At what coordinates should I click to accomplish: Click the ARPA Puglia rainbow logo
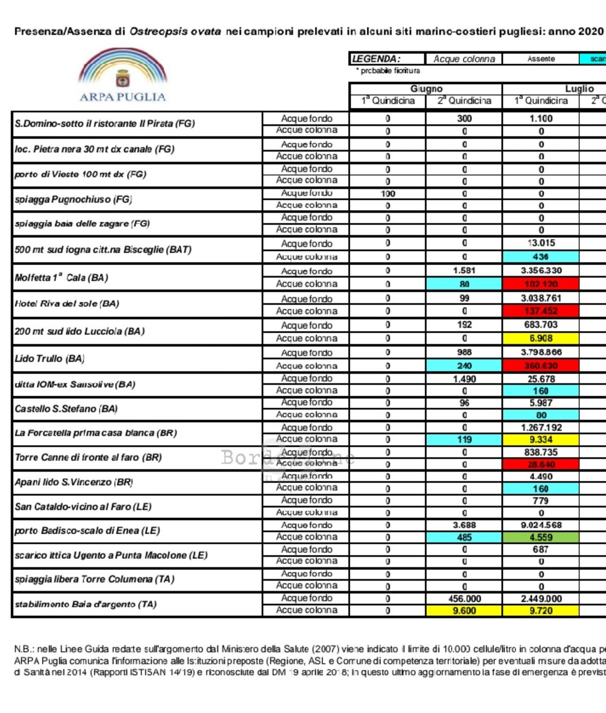click(x=123, y=75)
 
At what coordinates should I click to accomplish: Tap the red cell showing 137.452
click(x=541, y=311)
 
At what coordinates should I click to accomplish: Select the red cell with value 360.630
click(x=541, y=366)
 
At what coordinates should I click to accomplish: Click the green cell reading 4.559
click(x=541, y=537)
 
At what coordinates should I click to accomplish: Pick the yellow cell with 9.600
click(x=464, y=611)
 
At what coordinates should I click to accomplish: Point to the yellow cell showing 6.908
click(x=541, y=338)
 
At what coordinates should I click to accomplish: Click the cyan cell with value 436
click(x=541, y=257)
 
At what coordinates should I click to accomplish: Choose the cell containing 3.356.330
click(x=541, y=271)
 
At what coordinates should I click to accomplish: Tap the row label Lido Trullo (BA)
click(x=50, y=359)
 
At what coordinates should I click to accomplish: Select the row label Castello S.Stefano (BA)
click(x=66, y=409)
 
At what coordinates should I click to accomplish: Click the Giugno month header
click(x=426, y=89)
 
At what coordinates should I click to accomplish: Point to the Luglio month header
click(x=579, y=89)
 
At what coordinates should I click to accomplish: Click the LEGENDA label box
click(x=387, y=58)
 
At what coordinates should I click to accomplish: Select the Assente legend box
click(x=541, y=58)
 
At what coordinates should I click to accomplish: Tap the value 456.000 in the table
click(x=464, y=598)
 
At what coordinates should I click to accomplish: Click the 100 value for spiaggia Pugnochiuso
click(x=388, y=194)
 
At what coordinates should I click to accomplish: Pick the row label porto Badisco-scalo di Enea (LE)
click(x=87, y=531)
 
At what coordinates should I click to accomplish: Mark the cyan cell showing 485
click(x=464, y=537)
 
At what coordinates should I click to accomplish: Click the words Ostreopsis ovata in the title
click(x=175, y=32)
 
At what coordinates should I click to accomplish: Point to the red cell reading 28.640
click(x=541, y=464)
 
